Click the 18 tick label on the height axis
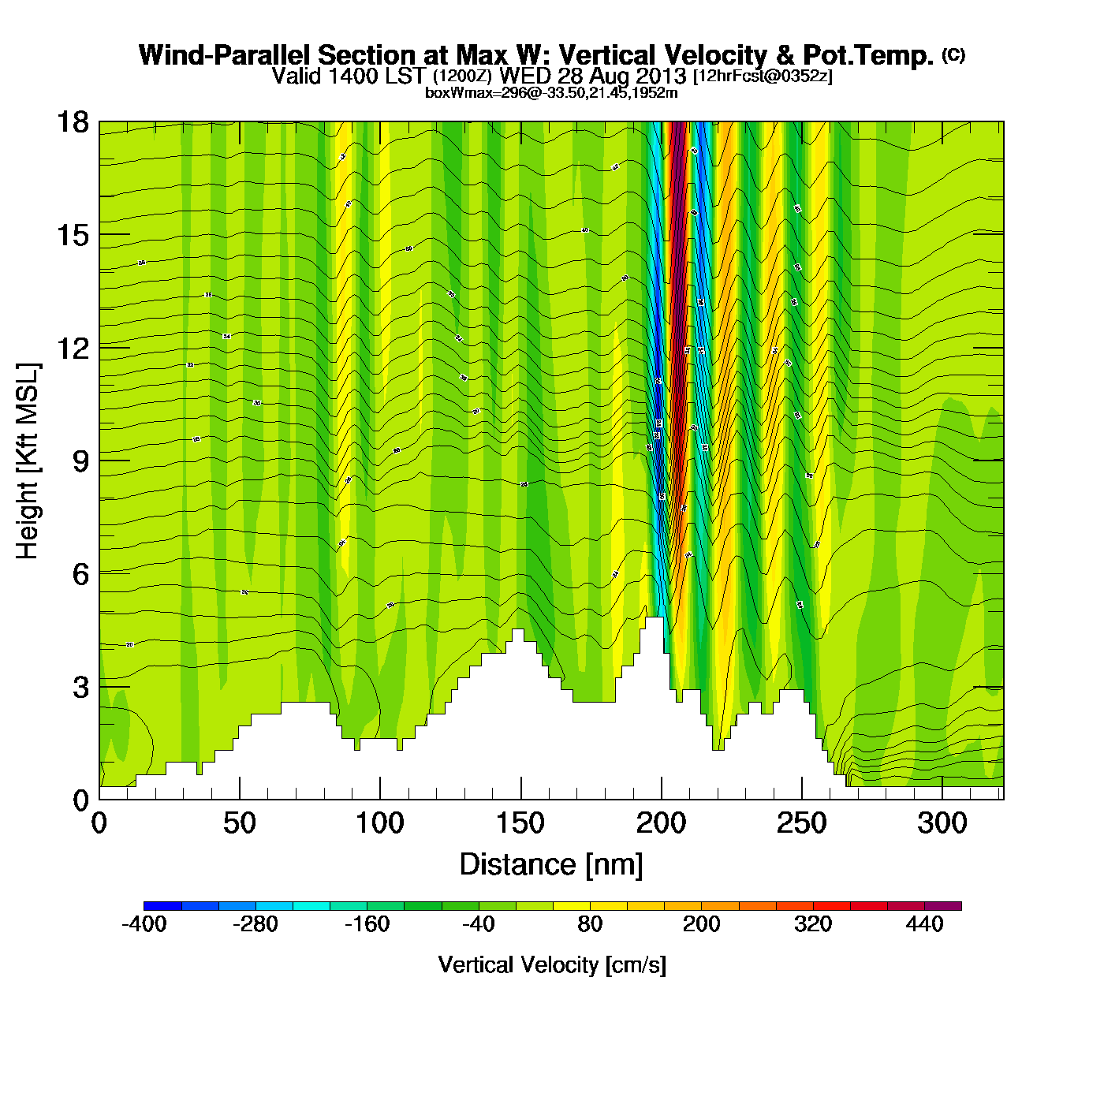[72, 122]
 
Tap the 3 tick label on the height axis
[80, 688]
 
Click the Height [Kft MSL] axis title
[28, 461]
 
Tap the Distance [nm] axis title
[551, 865]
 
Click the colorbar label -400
[144, 924]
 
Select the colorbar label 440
[925, 924]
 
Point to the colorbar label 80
[590, 924]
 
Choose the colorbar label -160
[367, 924]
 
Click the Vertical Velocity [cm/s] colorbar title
[552, 965]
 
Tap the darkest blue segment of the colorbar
[162, 906]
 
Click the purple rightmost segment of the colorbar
[943, 906]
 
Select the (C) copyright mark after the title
[953, 54]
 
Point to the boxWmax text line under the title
[551, 93]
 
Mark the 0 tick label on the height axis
[80, 800]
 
